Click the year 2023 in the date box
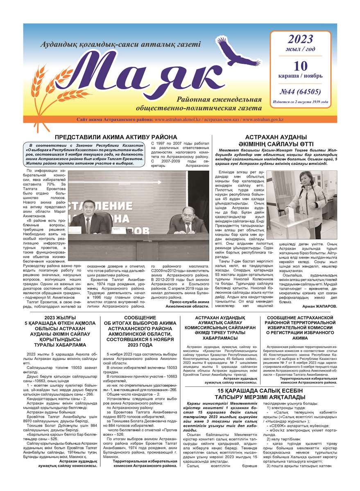(300, 39)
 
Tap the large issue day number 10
(300, 65)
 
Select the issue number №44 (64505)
(300, 91)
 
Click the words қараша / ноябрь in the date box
(300, 76)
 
